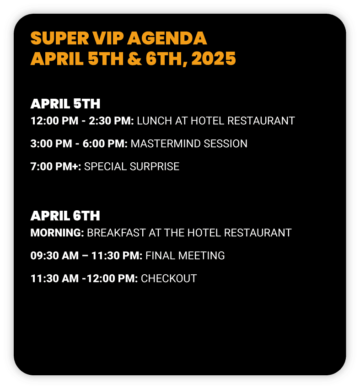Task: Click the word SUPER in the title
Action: pyautogui.click(x=59, y=38)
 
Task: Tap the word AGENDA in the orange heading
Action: pyautogui.click(x=167, y=38)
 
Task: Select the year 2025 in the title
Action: pyautogui.click(x=213, y=59)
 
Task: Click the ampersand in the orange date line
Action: pyautogui.click(x=134, y=59)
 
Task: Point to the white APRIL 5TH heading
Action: pyautogui.click(x=65, y=104)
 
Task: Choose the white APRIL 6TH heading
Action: pyautogui.click(x=65, y=216)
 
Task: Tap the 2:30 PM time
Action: pyautogui.click(x=111, y=121)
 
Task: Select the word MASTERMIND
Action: pyautogui.click(x=166, y=144)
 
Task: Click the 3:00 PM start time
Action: pyautogui.click(x=51, y=144)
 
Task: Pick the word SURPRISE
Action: pyautogui.click(x=155, y=166)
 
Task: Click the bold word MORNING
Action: pyautogui.click(x=57, y=233)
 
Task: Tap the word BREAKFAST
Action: pyautogui.click(x=116, y=233)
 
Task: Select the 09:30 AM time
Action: pyautogui.click(x=54, y=256)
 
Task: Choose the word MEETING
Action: pyautogui.click(x=201, y=256)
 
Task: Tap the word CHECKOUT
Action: pyautogui.click(x=169, y=278)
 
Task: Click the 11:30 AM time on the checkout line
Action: pyautogui.click(x=54, y=278)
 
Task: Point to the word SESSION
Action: pyautogui.click(x=226, y=144)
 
